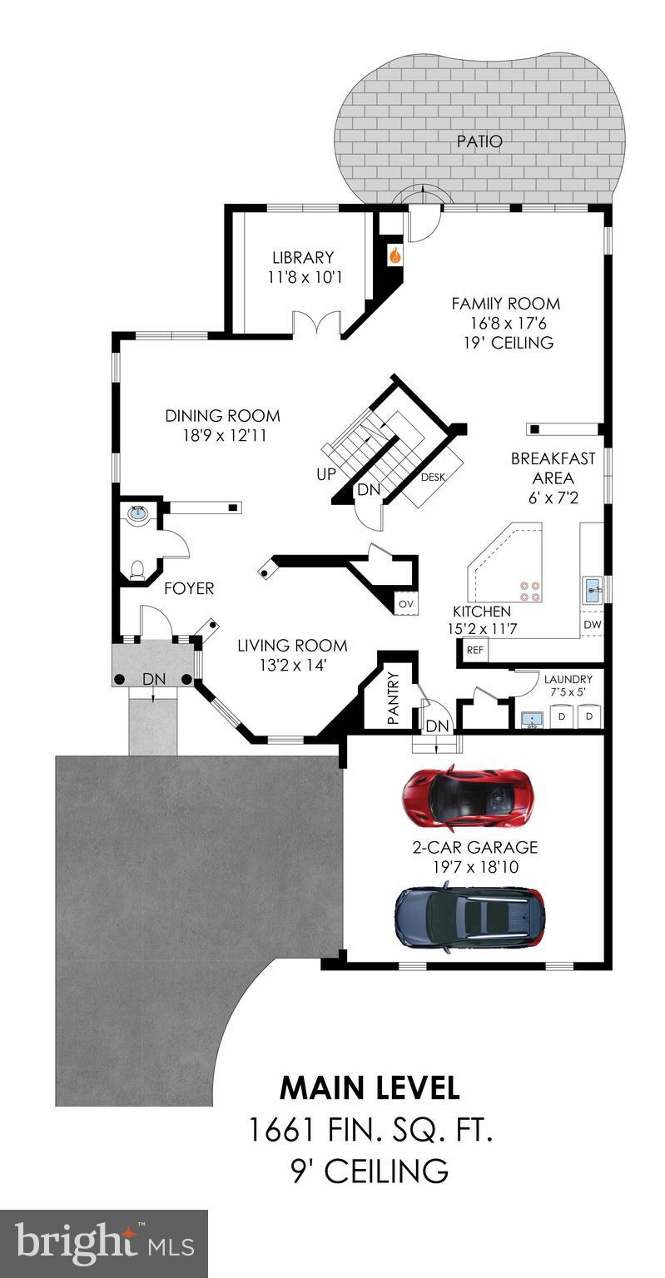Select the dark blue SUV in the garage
pyautogui.click(x=470, y=919)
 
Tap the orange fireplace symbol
pyautogui.click(x=395, y=256)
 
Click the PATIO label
pyautogui.click(x=479, y=141)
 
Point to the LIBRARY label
pyautogui.click(x=303, y=258)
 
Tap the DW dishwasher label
pyautogui.click(x=591, y=624)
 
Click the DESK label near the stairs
pyautogui.click(x=431, y=478)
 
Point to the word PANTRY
pyautogui.click(x=394, y=698)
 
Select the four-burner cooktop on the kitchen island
pyautogui.click(x=529, y=590)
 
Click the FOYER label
pyautogui.click(x=189, y=588)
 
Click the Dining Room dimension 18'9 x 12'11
pyautogui.click(x=222, y=435)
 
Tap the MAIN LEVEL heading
pyautogui.click(x=369, y=1087)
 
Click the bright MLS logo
pyautogui.click(x=103, y=1244)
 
